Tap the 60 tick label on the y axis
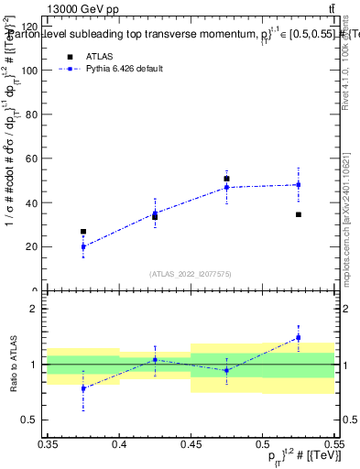pyautogui.click(x=33, y=158)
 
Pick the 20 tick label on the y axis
pyautogui.click(x=33, y=246)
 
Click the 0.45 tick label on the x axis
pyautogui.click(x=191, y=444)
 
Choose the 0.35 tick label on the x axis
pyautogui.click(x=48, y=444)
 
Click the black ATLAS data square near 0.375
pyautogui.click(x=83, y=232)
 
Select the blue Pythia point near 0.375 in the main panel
pyautogui.click(x=83, y=246)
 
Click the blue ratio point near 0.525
pyautogui.click(x=299, y=337)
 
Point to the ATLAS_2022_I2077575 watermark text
pyautogui.click(x=191, y=273)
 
